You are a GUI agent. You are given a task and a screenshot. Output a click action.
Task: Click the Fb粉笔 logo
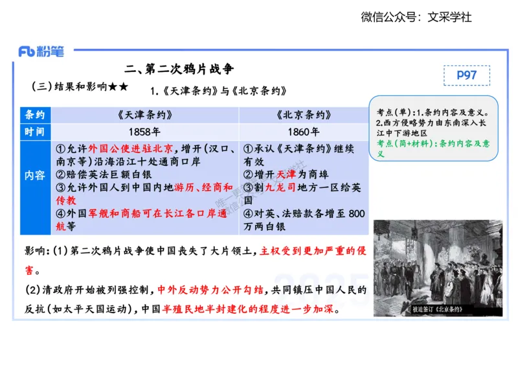pos(41,51)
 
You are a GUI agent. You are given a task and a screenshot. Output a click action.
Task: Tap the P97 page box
pos(466,75)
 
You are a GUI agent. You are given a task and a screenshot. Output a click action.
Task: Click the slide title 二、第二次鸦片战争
pos(179,69)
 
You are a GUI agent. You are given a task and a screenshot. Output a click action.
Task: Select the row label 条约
pos(35,115)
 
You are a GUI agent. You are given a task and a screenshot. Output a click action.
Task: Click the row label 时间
pos(35,132)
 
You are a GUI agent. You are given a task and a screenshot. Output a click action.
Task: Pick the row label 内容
pos(35,176)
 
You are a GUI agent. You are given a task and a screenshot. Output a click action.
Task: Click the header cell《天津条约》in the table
pos(145,115)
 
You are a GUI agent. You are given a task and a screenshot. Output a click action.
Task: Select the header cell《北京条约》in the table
pos(304,115)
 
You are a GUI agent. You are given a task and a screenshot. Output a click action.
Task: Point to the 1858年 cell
pos(145,132)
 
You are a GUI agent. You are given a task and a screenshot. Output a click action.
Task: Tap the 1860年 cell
pos(304,132)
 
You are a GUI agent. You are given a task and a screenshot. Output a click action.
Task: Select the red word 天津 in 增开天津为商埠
pos(286,174)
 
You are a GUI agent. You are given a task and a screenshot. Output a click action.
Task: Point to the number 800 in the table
pos(356,213)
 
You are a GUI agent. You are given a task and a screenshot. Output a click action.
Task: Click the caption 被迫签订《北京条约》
pos(437,309)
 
